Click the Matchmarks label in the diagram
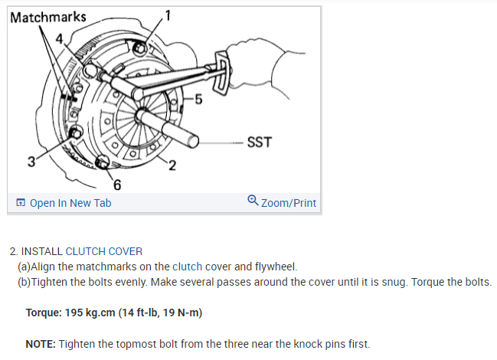tap(48, 16)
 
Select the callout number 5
tap(198, 99)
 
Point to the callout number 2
tap(172, 165)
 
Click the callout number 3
tap(31, 162)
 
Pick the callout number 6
tap(116, 185)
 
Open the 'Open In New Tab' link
tap(70, 203)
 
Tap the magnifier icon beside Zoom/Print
tap(253, 201)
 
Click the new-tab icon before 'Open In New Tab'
tap(21, 203)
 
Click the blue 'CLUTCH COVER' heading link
tap(103, 251)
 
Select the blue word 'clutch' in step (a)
tap(187, 267)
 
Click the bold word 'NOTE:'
tap(40, 344)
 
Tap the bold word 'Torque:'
tap(43, 313)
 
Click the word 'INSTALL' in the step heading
tap(41, 251)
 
